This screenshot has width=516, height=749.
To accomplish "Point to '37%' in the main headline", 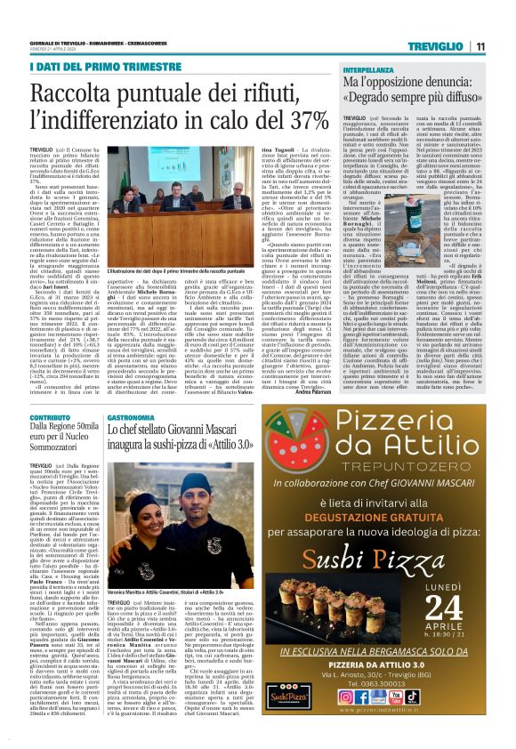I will click(x=302, y=118).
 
